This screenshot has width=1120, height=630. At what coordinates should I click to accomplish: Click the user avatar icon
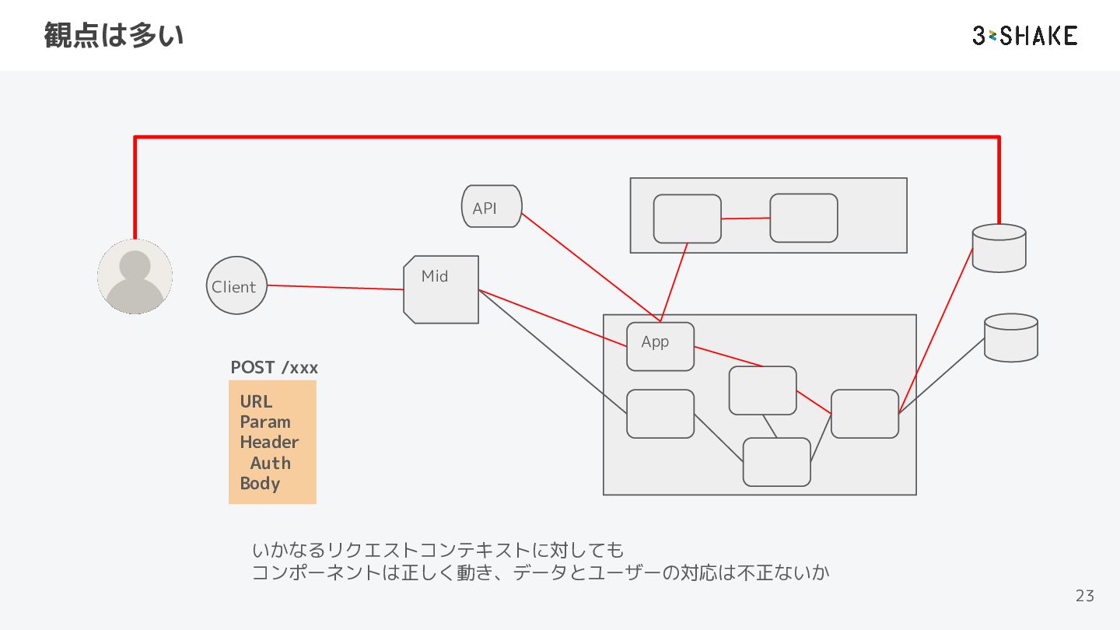(x=135, y=277)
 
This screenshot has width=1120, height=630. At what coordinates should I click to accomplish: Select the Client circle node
(x=236, y=285)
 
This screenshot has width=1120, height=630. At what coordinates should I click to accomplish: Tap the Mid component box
(x=441, y=289)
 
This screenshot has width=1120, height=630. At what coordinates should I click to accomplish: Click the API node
(x=492, y=207)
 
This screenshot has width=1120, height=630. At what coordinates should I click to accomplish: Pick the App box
(x=660, y=347)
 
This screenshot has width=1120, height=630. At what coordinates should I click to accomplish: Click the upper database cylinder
(x=999, y=248)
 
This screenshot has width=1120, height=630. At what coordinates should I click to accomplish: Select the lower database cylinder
(x=1011, y=338)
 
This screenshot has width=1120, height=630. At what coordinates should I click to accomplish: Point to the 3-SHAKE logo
(x=1025, y=36)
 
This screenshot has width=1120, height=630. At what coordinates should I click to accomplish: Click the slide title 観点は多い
(x=114, y=36)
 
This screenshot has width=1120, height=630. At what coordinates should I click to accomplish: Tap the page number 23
(x=1085, y=596)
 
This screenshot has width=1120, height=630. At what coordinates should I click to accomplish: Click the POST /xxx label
(x=274, y=367)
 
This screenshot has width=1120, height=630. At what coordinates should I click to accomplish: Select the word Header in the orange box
(x=269, y=442)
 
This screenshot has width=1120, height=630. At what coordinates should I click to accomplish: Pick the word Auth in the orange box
(x=271, y=463)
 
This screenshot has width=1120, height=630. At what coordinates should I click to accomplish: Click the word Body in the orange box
(x=260, y=484)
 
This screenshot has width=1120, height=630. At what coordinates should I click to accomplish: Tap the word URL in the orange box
(x=256, y=401)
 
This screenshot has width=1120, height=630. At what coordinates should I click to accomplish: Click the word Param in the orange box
(x=265, y=422)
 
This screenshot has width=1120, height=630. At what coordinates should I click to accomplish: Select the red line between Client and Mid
(x=335, y=288)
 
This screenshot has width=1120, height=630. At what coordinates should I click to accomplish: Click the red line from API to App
(x=591, y=268)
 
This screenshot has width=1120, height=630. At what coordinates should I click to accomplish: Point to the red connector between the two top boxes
(x=745, y=219)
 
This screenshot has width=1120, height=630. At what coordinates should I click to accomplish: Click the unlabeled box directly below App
(x=660, y=414)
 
